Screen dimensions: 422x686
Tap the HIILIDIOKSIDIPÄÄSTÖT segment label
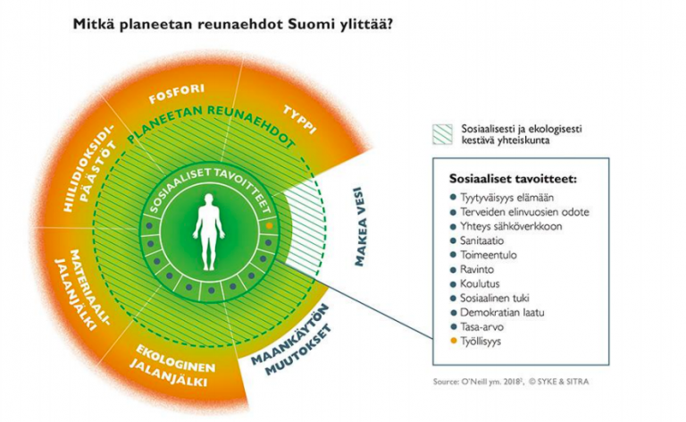87,171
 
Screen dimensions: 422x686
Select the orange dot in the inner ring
269,228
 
